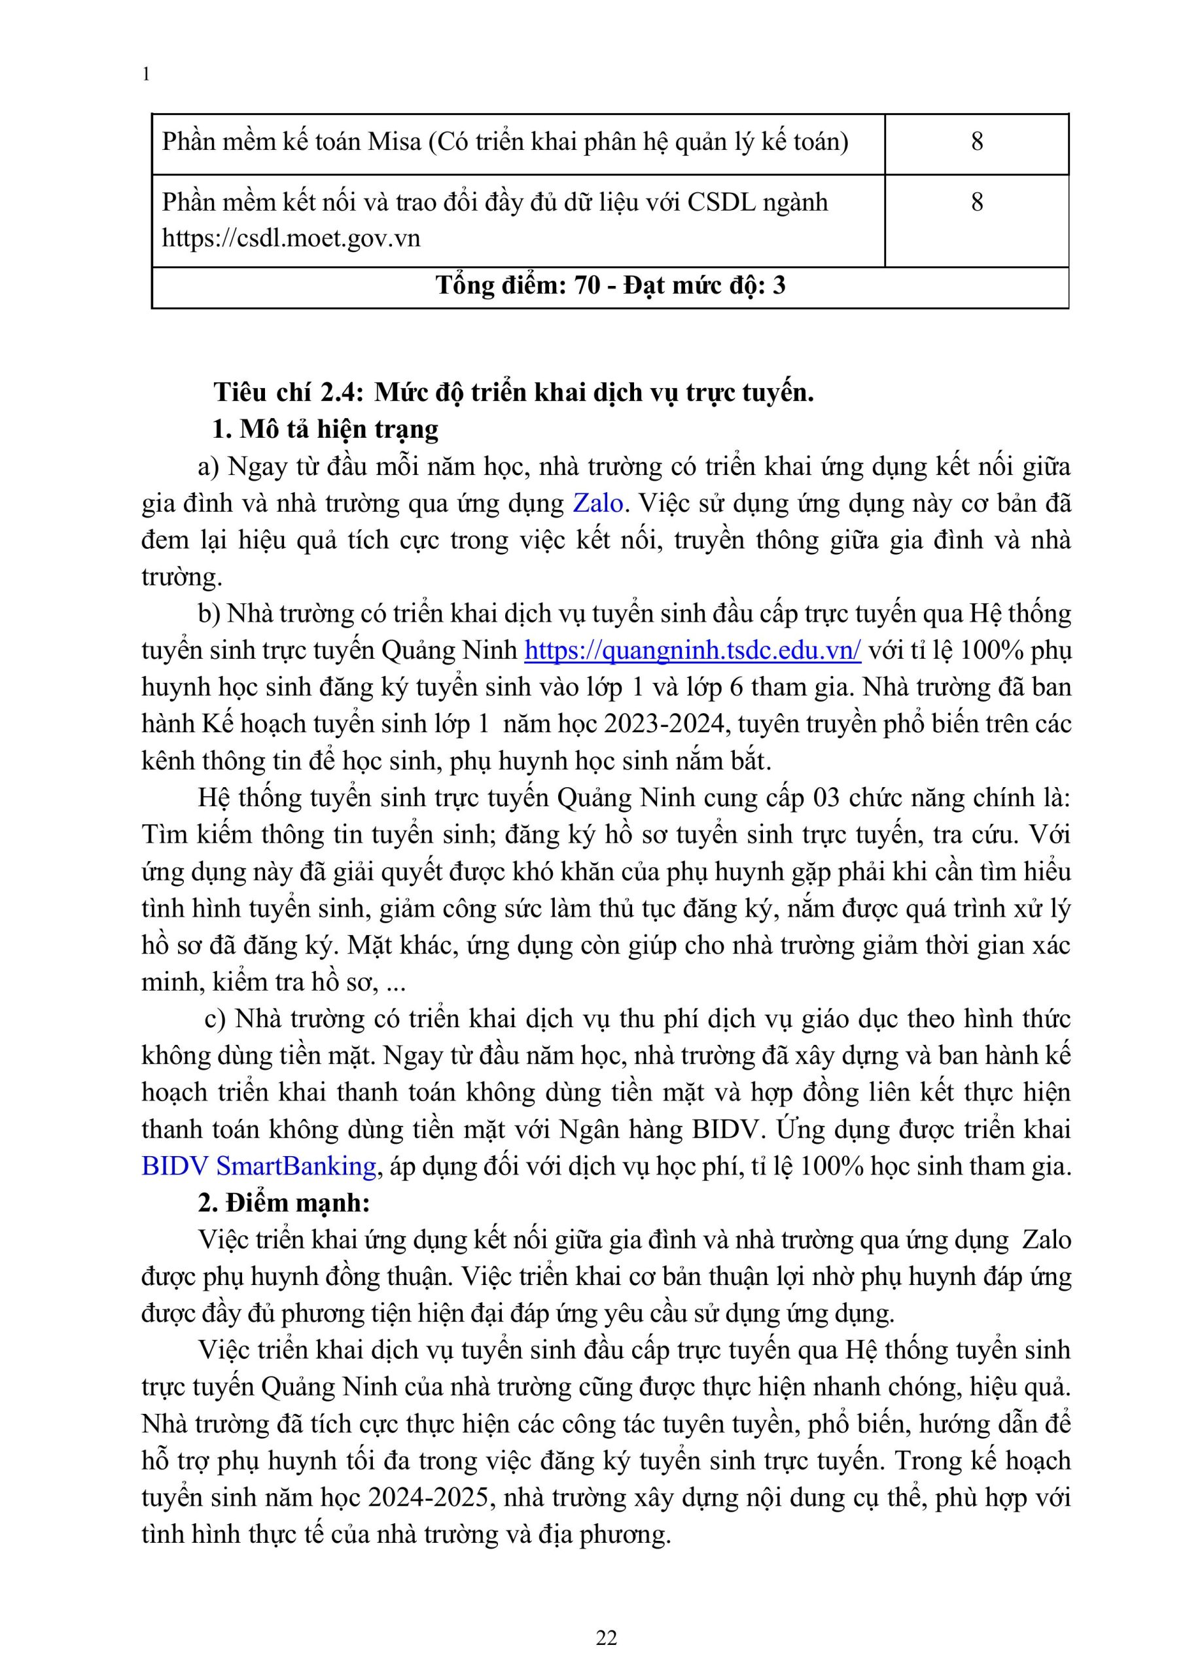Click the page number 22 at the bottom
607,1638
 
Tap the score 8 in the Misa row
976,141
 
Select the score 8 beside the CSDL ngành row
976,202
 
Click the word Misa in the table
394,141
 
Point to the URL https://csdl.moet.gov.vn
291,239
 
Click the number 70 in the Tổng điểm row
588,285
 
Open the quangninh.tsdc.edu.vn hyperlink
692,649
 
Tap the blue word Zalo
597,502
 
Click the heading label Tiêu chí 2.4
288,393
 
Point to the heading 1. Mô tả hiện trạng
325,429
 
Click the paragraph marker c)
215,1019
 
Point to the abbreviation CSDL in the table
721,202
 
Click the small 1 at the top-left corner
147,75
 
